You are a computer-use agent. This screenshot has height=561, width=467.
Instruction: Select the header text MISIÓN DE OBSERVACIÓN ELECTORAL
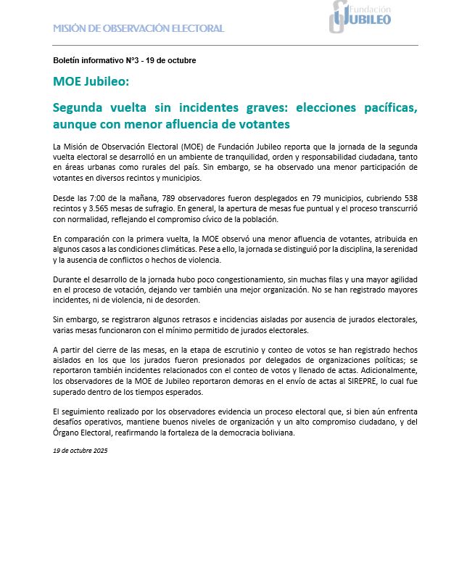coord(139,28)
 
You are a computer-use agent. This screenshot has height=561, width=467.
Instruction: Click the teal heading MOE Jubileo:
coord(91,81)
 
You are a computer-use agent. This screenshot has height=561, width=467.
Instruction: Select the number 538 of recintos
coord(408,198)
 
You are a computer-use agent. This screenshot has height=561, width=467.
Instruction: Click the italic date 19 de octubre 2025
coord(80,451)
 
